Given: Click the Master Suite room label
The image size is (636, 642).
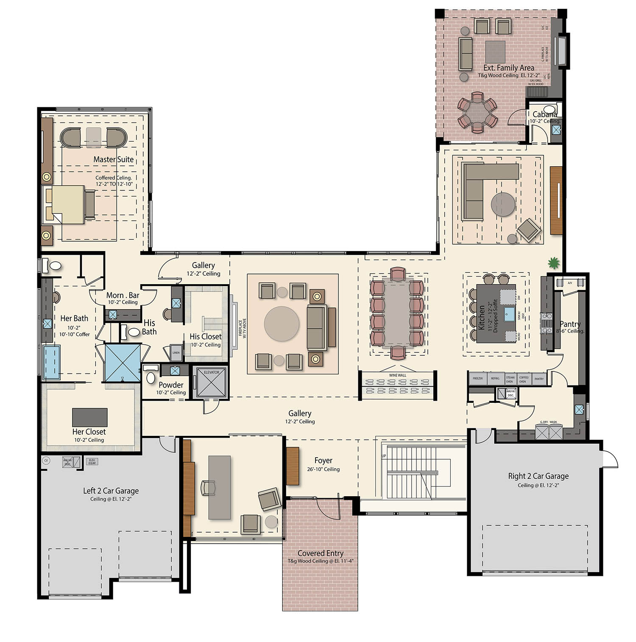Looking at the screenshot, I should click(113, 159).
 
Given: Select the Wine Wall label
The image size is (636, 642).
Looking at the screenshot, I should click(397, 375).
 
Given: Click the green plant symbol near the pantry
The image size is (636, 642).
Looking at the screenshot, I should click(553, 263).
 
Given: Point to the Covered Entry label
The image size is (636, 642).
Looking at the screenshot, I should click(320, 553).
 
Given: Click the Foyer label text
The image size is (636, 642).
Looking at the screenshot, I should click(323, 461).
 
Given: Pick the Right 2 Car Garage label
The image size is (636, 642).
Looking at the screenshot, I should click(538, 476).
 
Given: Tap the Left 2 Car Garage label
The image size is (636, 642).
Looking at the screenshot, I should click(111, 491).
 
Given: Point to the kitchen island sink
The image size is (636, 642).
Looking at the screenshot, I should click(509, 314).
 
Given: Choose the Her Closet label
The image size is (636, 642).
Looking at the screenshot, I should click(89, 432).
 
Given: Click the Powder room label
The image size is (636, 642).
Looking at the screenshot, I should click(171, 385).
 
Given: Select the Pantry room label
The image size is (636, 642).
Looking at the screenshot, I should click(570, 324).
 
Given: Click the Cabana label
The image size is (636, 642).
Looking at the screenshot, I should click(544, 114).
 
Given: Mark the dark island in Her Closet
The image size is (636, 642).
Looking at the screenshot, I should click(89, 417).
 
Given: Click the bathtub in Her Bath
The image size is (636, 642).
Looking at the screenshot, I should click(51, 362).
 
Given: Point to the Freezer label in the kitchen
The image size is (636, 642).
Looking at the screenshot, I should click(477, 378).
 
